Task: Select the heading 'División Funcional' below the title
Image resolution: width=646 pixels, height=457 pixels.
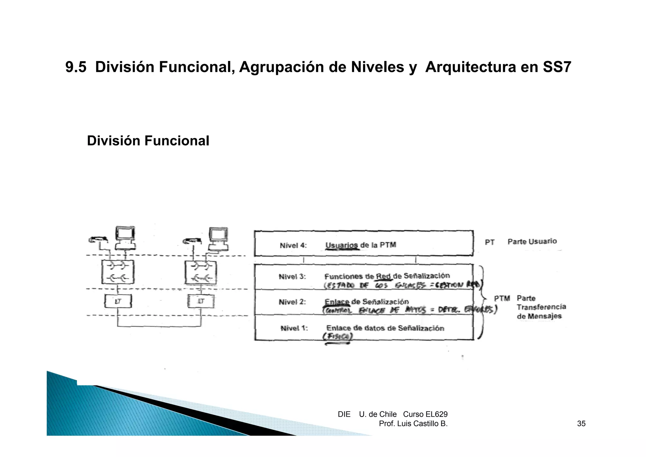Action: (x=148, y=141)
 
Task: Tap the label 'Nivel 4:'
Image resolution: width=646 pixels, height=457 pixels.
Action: (x=293, y=246)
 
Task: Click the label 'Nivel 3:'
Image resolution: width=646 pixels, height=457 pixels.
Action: (x=292, y=277)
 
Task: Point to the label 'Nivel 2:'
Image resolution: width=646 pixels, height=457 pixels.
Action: (x=292, y=302)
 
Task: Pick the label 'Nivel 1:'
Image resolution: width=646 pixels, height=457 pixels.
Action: (x=294, y=328)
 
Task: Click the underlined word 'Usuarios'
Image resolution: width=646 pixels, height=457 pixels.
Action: (x=342, y=245)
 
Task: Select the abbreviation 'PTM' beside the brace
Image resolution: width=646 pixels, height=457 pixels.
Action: (x=502, y=299)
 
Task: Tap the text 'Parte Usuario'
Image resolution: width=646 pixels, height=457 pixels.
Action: (x=532, y=241)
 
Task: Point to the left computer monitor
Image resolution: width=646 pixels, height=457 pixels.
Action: (x=125, y=234)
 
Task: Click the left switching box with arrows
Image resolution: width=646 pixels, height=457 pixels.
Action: (x=118, y=272)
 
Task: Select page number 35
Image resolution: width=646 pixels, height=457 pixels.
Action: (x=581, y=424)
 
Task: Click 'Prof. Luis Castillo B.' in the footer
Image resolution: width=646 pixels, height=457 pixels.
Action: (x=413, y=424)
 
